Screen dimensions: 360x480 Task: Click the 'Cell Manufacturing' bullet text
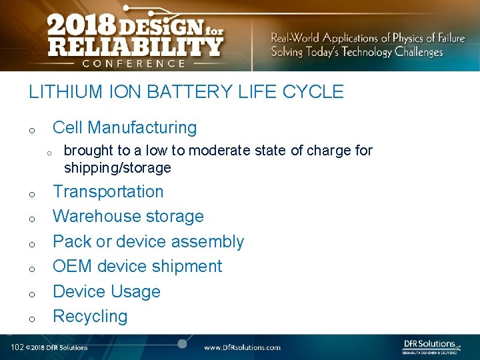125,127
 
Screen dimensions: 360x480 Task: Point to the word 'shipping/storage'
117,168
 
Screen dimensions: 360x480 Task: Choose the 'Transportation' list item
108,191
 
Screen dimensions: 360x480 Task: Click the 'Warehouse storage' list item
128,216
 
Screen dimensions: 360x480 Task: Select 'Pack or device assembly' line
148,241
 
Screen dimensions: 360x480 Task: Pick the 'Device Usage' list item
107,291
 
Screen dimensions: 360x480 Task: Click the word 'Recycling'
90,316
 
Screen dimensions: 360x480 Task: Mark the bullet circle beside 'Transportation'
31,195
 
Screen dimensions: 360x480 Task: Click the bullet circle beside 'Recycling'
31,319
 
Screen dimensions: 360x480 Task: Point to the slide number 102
17,347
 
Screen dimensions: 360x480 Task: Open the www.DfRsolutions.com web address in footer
242,347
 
